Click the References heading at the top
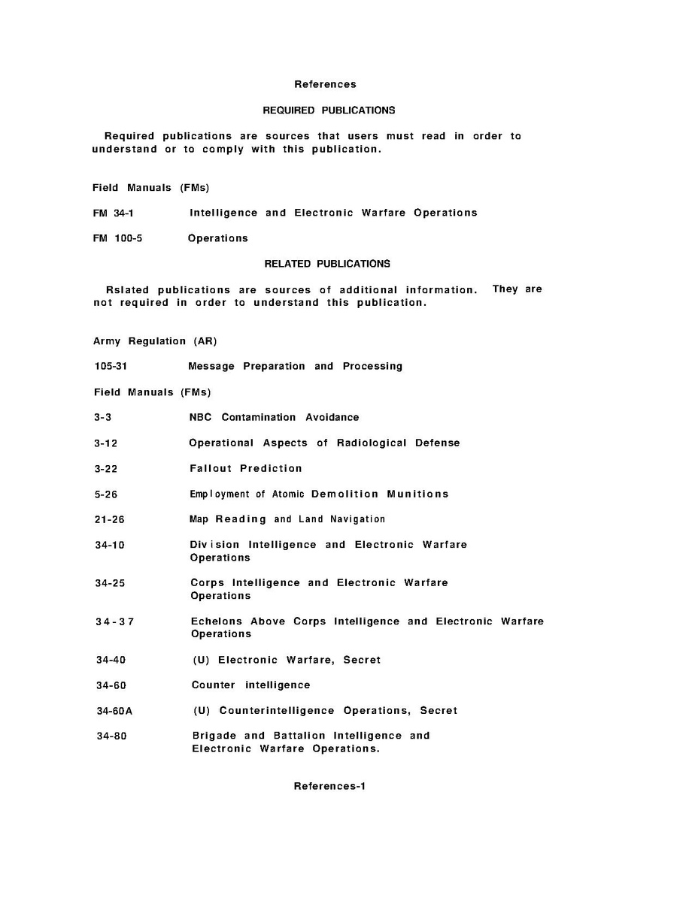click(x=325, y=84)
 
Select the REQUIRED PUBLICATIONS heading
click(x=329, y=110)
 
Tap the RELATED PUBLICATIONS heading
click(x=327, y=264)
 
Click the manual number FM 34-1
click(x=114, y=213)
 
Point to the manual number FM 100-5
click(x=117, y=238)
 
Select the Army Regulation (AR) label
click(x=155, y=341)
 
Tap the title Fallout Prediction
click(x=246, y=468)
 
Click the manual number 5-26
click(x=105, y=494)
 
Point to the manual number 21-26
click(x=109, y=520)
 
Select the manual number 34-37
click(x=114, y=621)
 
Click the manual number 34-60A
click(x=114, y=711)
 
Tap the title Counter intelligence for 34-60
click(x=250, y=685)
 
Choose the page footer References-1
click(x=329, y=786)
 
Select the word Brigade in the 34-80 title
click(x=214, y=736)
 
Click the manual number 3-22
click(x=105, y=469)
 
